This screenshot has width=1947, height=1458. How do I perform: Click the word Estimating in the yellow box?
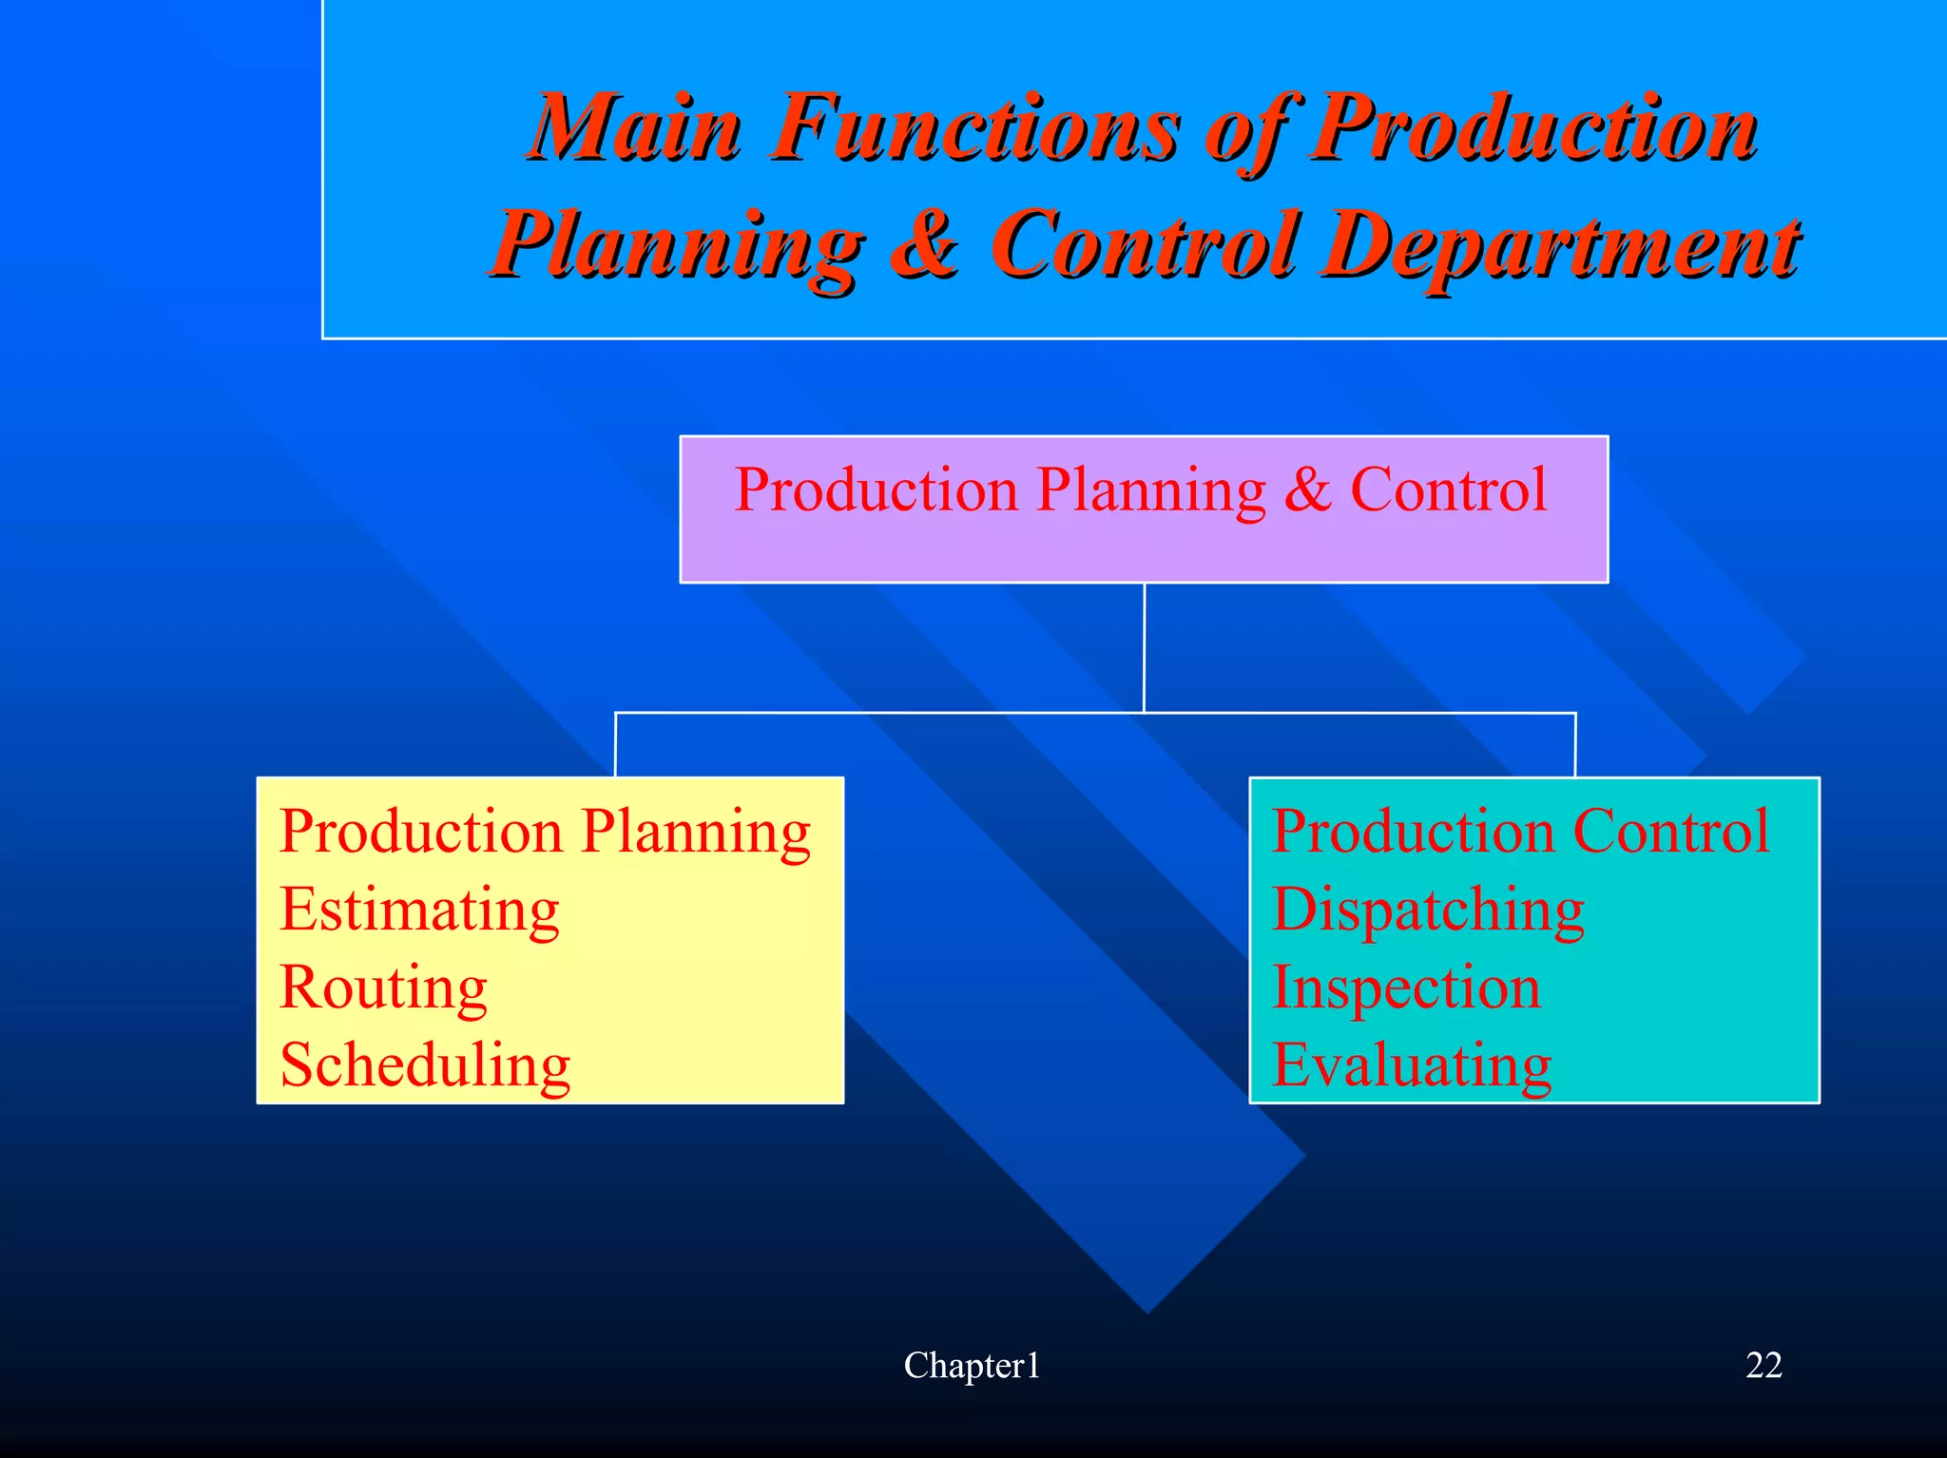(419, 911)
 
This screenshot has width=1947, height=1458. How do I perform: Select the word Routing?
(383, 988)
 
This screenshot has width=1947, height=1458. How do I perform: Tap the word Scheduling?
(425, 1065)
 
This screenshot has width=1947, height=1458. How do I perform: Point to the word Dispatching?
(1428, 911)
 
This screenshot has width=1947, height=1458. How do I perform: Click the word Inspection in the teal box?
(1406, 988)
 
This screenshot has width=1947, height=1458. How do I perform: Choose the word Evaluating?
(1412, 1065)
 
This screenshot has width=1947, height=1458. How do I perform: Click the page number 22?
(1764, 1365)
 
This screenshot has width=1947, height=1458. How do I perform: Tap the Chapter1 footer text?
(972, 1366)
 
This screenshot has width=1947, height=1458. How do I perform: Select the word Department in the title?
(1559, 245)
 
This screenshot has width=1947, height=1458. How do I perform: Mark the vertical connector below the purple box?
(1144, 646)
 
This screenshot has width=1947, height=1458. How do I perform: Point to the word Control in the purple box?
(1449, 490)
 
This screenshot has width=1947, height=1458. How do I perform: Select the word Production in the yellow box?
(421, 832)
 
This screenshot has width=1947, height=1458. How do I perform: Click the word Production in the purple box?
(876, 490)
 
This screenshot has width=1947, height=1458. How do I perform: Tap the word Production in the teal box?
(1413, 832)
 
